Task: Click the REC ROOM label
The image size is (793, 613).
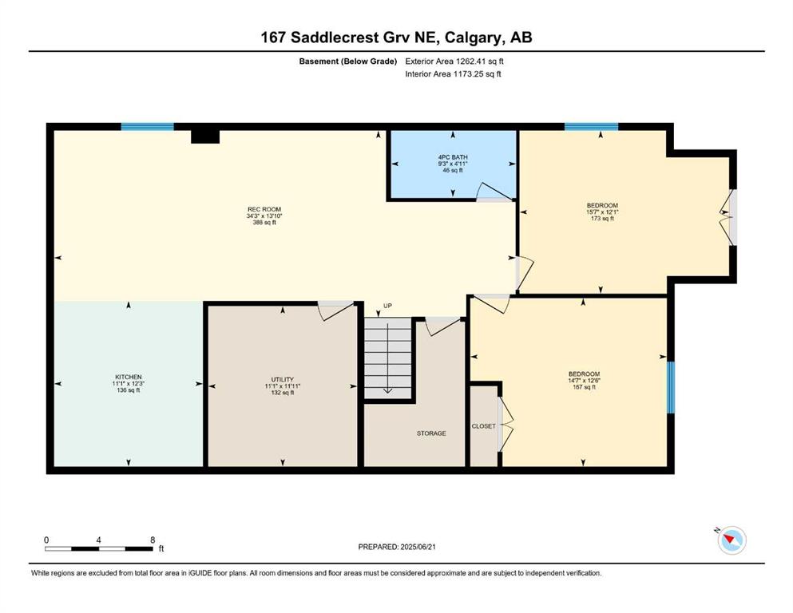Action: click(264, 209)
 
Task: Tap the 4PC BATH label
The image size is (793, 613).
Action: click(453, 157)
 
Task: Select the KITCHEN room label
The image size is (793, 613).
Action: click(129, 377)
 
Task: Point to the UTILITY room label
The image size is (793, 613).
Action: click(282, 379)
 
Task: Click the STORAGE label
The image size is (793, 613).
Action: click(431, 433)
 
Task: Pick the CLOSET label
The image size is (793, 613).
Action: click(483, 426)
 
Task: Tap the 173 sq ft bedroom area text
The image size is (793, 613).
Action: click(602, 219)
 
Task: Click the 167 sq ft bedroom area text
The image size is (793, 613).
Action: click(584, 387)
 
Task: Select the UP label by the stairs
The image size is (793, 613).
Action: click(387, 306)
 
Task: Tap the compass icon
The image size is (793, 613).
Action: click(732, 540)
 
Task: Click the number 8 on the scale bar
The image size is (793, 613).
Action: click(153, 540)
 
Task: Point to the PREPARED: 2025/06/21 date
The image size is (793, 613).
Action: click(397, 547)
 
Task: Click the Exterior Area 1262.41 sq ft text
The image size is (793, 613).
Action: click(454, 61)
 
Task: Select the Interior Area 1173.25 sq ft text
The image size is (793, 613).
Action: click(453, 73)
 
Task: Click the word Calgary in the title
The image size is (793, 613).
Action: click(474, 38)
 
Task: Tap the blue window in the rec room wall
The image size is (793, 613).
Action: click(147, 127)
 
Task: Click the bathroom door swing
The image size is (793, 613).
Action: click(494, 192)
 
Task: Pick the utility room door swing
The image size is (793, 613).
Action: click(335, 310)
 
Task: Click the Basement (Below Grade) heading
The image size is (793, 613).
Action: click(348, 61)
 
